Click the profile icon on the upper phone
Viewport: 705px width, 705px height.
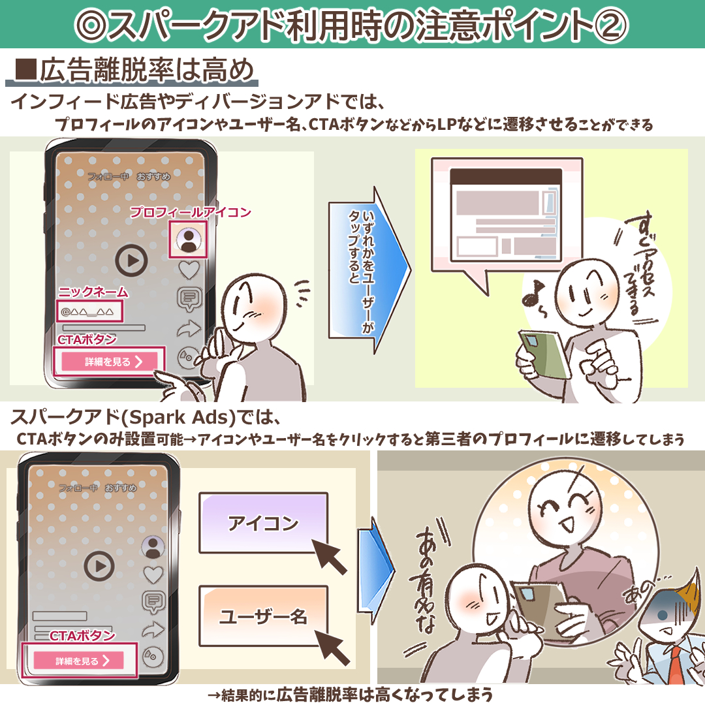pyautogui.click(x=188, y=239)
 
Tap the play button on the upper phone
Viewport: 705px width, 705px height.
pyautogui.click(x=131, y=260)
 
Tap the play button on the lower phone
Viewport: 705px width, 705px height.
pyautogui.click(x=99, y=566)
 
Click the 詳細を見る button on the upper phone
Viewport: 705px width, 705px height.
pyautogui.click(x=110, y=362)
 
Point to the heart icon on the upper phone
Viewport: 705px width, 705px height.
pyautogui.click(x=189, y=270)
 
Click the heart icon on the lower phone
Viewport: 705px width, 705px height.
pyautogui.click(x=153, y=575)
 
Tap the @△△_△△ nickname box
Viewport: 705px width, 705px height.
pyautogui.click(x=90, y=311)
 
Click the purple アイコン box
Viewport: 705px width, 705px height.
pyautogui.click(x=263, y=523)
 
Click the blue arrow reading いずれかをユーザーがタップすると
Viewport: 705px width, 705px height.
pyautogui.click(x=369, y=270)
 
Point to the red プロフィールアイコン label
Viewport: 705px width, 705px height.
pyautogui.click(x=191, y=211)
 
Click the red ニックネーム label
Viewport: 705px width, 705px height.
pyautogui.click(x=93, y=292)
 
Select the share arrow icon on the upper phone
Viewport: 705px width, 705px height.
pyautogui.click(x=189, y=328)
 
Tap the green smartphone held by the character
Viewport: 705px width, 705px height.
pyautogui.click(x=542, y=354)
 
